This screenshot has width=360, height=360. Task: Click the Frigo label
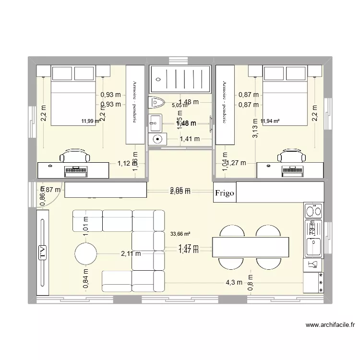(225, 193)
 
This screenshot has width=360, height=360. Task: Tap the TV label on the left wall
(42, 252)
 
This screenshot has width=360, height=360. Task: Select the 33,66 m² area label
(180, 234)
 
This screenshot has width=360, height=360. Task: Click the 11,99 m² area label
(91, 121)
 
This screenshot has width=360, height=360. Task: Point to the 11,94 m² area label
(270, 121)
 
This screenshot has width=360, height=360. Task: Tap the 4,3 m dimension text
(230, 282)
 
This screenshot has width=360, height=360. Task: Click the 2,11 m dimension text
(131, 254)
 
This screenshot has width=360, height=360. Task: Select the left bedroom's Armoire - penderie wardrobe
(135, 104)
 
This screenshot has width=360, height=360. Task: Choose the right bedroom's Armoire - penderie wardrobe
(224, 104)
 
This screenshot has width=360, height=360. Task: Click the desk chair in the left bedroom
(75, 156)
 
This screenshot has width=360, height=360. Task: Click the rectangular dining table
(251, 247)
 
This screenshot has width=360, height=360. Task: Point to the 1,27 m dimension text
(236, 163)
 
